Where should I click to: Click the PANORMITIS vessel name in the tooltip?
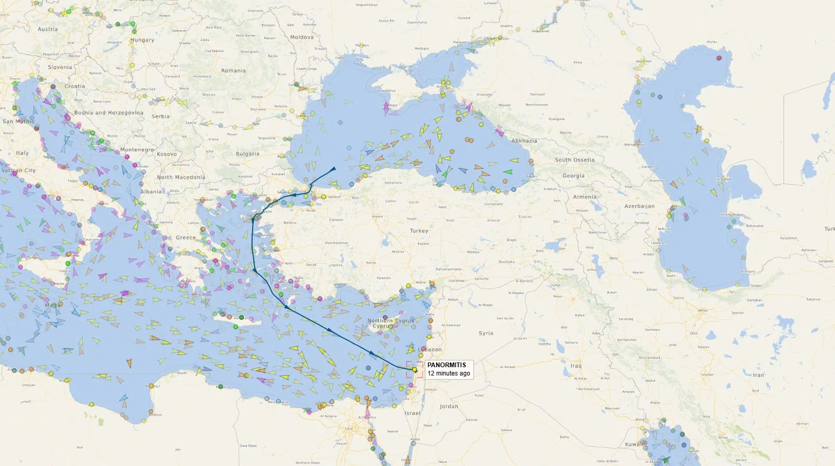coord(446,365)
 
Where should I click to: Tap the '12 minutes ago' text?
coord(448,373)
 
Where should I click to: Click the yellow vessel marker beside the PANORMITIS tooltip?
coord(415,370)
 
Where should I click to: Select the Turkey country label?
coord(419,230)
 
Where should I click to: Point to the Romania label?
coord(233,71)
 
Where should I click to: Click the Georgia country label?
coord(573,176)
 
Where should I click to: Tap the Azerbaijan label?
coord(639,206)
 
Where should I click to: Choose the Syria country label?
coord(486,333)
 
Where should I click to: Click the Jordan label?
coord(449,406)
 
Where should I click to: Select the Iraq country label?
coord(576,366)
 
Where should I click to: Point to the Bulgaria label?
coord(247,154)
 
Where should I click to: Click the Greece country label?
coord(186,238)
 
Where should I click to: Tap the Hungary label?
coord(142,40)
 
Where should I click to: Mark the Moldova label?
coord(302,37)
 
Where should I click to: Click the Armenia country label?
coord(584,197)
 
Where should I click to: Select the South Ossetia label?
coord(574,160)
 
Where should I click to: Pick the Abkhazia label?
coord(524,141)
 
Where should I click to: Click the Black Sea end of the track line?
coord(334,168)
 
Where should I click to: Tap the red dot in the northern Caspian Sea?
coord(720,58)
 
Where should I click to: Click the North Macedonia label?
coord(181,177)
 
